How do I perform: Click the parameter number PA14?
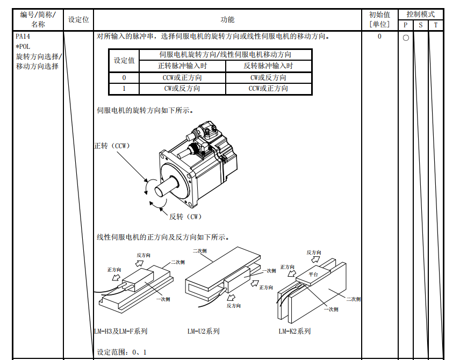click(23, 37)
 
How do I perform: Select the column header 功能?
click(227, 19)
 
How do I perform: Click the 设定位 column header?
click(78, 19)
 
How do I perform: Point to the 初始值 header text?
click(379, 15)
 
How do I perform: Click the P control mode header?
click(406, 25)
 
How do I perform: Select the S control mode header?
click(421, 25)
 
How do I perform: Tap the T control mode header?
click(436, 25)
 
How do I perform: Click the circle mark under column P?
click(406, 38)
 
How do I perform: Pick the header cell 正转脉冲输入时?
click(182, 66)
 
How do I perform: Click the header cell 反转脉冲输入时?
click(268, 66)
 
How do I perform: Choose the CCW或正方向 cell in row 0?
click(182, 77)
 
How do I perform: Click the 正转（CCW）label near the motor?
click(112, 146)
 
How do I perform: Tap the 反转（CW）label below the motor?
click(186, 217)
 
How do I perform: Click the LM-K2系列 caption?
click(294, 331)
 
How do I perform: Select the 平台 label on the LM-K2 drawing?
click(313, 274)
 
